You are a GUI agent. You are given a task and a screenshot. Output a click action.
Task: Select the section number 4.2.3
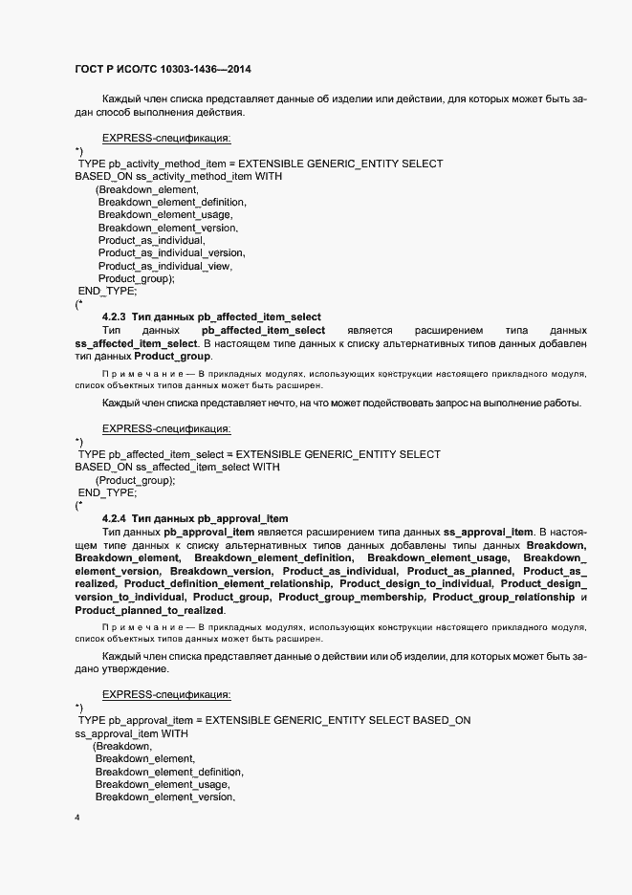pyautogui.click(x=115, y=317)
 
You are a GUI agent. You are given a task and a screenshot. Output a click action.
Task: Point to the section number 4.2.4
pyautogui.click(x=115, y=518)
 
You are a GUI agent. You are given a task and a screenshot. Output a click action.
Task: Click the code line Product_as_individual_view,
pyautogui.click(x=165, y=266)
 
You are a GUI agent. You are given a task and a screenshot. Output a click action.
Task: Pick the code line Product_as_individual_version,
pyautogui.click(x=171, y=253)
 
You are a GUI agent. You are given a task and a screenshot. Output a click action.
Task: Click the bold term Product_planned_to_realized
pyautogui.click(x=149, y=610)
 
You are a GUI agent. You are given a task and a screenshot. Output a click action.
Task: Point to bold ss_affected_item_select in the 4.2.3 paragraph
pyautogui.click(x=135, y=343)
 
